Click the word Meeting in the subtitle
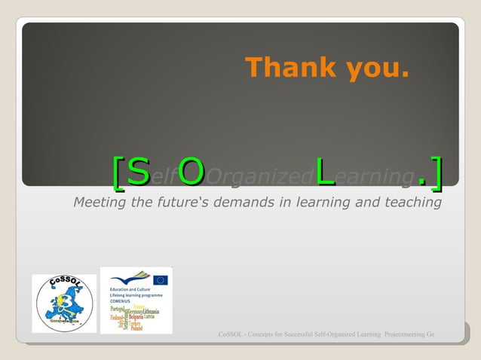[100, 203]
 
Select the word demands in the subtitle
[254, 203]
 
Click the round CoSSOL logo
[64, 303]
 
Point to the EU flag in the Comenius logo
[160, 279]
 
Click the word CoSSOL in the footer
[231, 334]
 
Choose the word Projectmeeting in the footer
[403, 334]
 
